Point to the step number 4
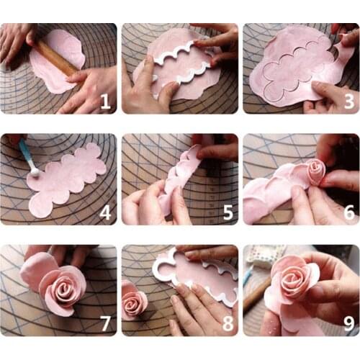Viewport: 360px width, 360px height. pos(105,212)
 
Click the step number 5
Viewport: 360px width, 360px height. pos(227,212)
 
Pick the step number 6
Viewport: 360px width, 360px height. pos(348,212)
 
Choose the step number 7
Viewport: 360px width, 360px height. pos(105,323)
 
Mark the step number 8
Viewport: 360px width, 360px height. pos(227,323)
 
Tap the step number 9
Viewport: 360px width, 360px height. pos(348,323)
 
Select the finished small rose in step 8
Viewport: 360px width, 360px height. pos(134,301)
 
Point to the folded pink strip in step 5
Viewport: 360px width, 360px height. pos(180,180)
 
